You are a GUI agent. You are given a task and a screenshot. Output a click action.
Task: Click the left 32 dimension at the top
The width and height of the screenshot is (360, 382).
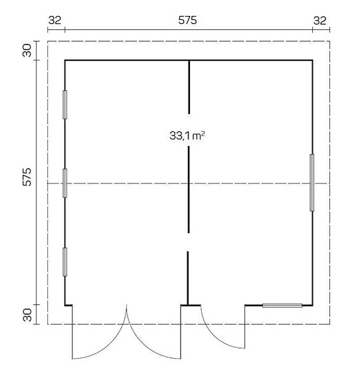pos(55,21)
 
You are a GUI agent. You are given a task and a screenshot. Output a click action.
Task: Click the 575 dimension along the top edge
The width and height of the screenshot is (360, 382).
pos(188,21)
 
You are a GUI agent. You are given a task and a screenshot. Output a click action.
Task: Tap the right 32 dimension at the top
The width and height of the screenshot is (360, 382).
pos(320,21)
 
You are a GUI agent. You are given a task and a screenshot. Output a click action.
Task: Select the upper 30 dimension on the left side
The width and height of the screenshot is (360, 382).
pos(27,50)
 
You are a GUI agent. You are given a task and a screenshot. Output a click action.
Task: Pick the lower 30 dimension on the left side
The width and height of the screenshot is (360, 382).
pos(27,315)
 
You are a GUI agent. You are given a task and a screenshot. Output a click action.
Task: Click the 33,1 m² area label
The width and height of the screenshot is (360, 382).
pos(187,136)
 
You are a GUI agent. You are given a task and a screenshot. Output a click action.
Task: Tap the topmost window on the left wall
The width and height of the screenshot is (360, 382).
pos(64,104)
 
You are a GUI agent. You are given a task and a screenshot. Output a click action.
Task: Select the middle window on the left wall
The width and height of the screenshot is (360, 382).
pos(64,183)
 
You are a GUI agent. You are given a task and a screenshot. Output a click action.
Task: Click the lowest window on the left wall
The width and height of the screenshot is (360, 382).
pos(64,261)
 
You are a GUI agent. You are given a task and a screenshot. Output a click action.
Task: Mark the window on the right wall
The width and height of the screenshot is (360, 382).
pos(312,182)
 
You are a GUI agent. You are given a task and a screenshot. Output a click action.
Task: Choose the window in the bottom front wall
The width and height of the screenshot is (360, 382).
pos(282,305)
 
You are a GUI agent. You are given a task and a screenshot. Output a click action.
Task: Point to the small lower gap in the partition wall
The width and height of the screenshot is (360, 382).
pos(189,242)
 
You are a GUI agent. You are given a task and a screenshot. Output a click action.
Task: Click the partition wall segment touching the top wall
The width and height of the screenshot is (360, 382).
pos(189,86)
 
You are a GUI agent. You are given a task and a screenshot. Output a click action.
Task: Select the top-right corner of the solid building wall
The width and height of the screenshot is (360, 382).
pos(312,60)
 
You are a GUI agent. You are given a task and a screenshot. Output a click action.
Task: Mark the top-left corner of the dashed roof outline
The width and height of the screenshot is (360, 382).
pos(47,41)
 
